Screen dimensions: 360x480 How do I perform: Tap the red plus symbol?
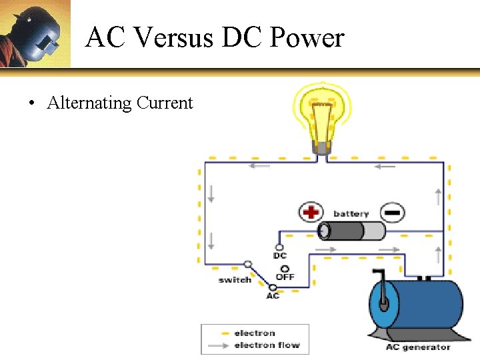(x=310, y=213)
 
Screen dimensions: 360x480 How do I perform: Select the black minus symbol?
(x=393, y=213)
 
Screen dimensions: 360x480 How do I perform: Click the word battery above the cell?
(x=351, y=214)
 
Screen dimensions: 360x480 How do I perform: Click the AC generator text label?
(x=418, y=347)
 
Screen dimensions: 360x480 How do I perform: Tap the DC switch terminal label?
(x=280, y=256)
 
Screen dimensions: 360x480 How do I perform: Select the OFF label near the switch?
(x=285, y=277)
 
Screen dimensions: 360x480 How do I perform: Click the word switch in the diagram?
(x=235, y=280)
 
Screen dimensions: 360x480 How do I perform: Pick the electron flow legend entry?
(x=267, y=345)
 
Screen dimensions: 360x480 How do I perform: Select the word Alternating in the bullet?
(x=89, y=103)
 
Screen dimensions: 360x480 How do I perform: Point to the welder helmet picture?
(x=35, y=33)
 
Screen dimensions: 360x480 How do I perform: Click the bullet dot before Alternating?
(x=31, y=103)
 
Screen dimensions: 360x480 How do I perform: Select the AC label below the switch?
(x=273, y=295)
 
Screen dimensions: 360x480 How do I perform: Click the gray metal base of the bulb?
(x=323, y=148)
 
